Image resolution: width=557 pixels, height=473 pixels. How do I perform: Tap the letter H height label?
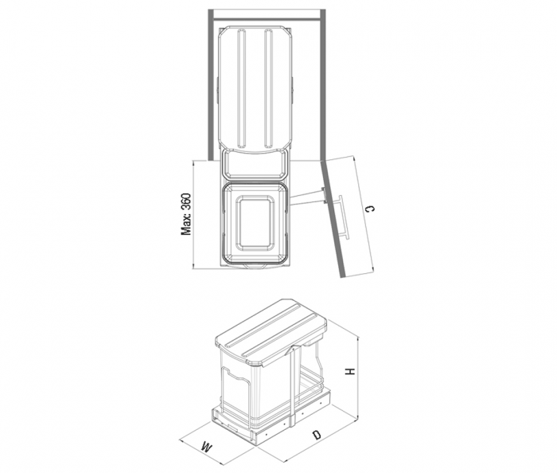tap(349, 371)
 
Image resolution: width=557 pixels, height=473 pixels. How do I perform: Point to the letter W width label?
tap(206, 447)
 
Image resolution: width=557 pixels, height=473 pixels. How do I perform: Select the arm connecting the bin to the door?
tap(306, 195)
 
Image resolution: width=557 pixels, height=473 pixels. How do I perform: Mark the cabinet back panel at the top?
tap(267, 11)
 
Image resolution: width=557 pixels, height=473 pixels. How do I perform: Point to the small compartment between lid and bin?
tap(255, 165)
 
